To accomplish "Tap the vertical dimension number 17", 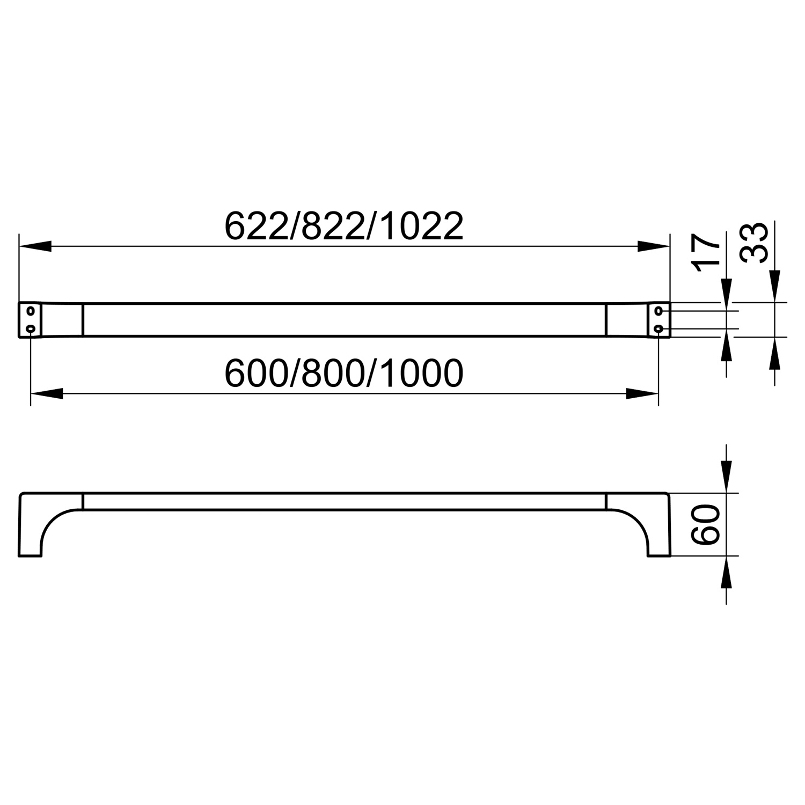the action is tap(705, 253).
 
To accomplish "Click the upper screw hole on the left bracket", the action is tap(31, 311).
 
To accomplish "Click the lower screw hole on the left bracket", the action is tap(31, 328).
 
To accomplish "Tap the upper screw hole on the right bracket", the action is tap(658, 311).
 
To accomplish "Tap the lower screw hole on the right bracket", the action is tap(658, 328).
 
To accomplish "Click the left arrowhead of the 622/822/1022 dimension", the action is tap(35, 246).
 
